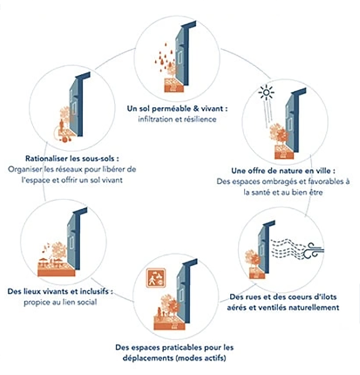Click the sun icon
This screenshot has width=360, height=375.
tap(266, 92)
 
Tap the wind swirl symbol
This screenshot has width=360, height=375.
tap(314, 251)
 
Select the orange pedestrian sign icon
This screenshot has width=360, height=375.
tap(156, 278)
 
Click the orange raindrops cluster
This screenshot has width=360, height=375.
tap(164, 57)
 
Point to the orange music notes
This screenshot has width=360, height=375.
tap(46, 247)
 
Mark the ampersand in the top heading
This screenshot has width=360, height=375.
tap(196, 109)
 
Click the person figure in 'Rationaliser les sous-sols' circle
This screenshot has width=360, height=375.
tap(62, 126)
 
